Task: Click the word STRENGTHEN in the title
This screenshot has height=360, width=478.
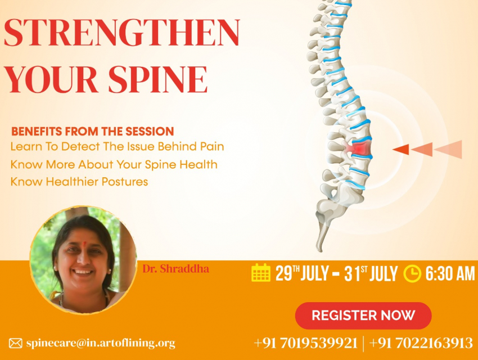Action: click(122, 33)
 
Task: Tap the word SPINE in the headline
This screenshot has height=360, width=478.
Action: click(158, 79)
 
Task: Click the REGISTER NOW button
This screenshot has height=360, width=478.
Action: click(363, 316)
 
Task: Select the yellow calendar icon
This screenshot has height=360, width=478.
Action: click(261, 272)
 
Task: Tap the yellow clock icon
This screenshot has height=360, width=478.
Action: click(412, 274)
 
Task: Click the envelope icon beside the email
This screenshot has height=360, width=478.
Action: click(16, 343)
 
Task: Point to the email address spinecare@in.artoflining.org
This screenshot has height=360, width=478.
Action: click(101, 343)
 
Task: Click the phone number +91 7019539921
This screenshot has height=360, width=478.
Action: click(306, 343)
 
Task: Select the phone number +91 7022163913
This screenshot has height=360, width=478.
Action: click(421, 343)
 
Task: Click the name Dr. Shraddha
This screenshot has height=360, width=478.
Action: click(176, 269)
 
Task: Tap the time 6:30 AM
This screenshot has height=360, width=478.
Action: click(450, 273)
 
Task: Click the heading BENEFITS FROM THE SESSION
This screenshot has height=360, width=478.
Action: click(92, 132)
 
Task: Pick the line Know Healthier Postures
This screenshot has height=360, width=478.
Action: click(79, 182)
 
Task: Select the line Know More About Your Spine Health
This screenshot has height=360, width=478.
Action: click(114, 165)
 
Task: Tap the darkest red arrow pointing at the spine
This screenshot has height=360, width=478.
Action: click(400, 150)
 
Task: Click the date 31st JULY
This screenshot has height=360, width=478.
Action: click(371, 273)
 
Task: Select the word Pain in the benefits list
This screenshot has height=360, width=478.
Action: click(212, 146)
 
